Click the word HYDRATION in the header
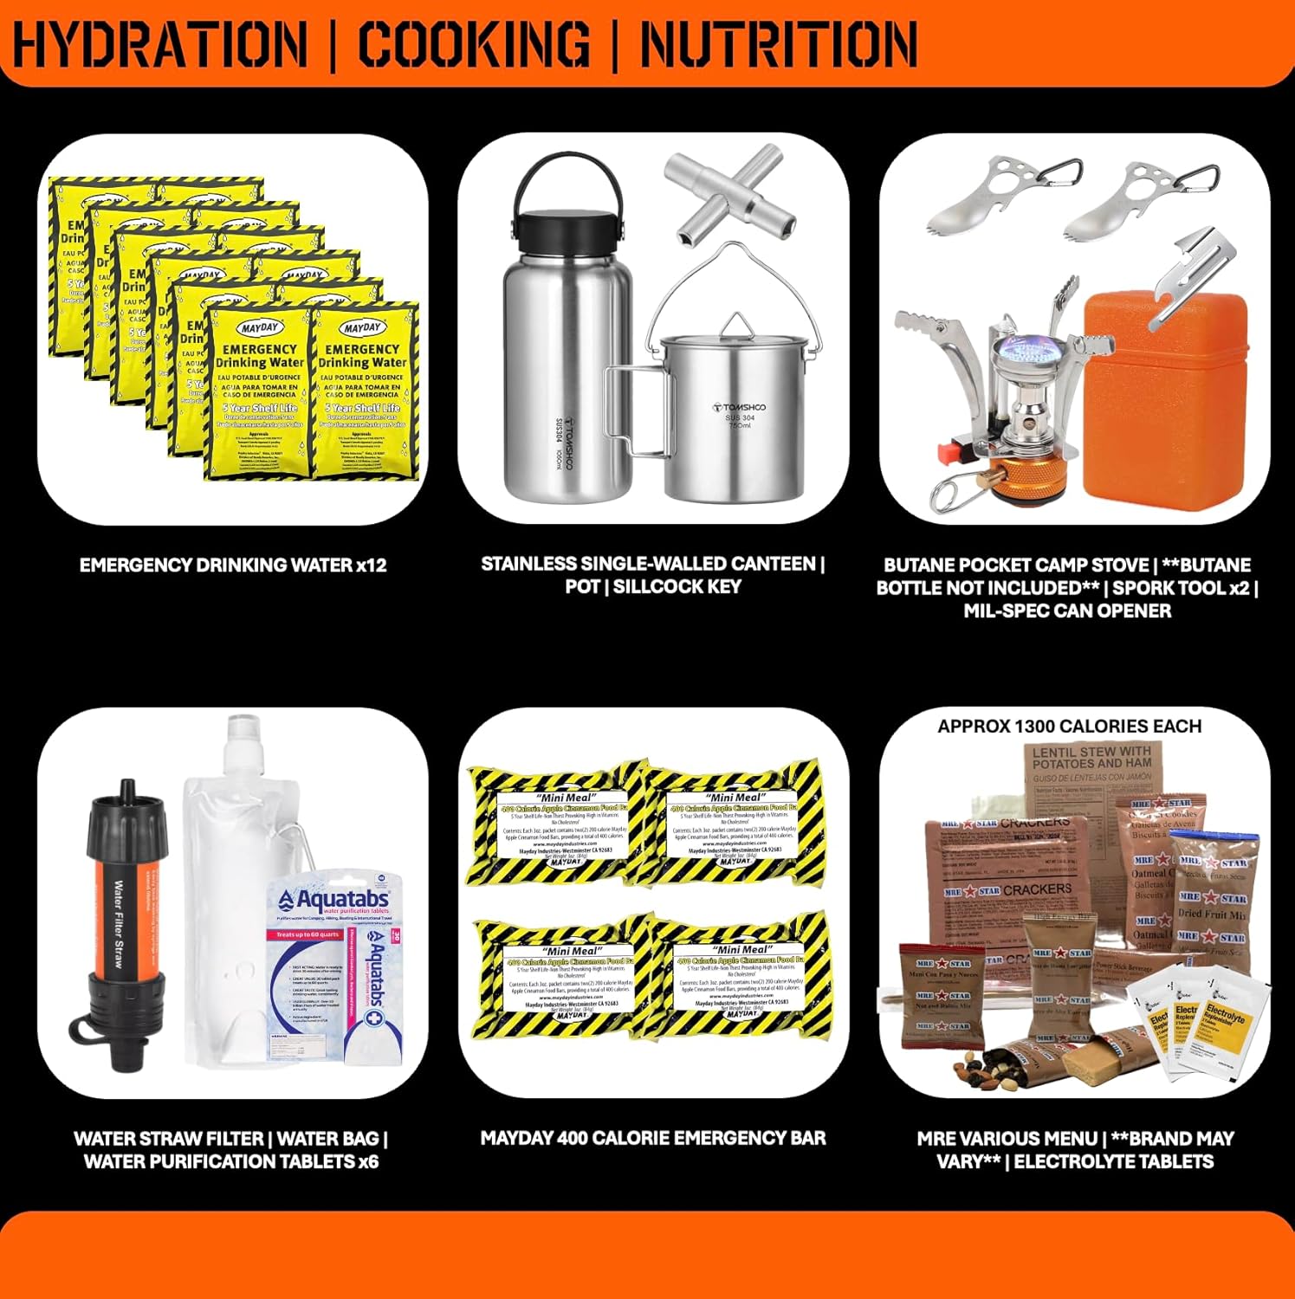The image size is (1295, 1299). click(160, 43)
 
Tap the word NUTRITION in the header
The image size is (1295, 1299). click(779, 43)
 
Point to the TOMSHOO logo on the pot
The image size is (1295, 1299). click(739, 406)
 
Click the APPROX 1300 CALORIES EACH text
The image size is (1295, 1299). click(1069, 726)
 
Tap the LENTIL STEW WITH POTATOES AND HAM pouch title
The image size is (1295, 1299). click(1091, 757)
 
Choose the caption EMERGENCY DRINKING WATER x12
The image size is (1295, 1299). click(233, 565)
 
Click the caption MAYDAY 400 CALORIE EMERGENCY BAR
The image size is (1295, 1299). click(653, 1138)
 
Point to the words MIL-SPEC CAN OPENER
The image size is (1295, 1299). click(1067, 610)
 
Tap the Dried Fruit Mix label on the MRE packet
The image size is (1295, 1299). click(1211, 913)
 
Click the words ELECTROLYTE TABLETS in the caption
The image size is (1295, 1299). click(1113, 1161)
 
